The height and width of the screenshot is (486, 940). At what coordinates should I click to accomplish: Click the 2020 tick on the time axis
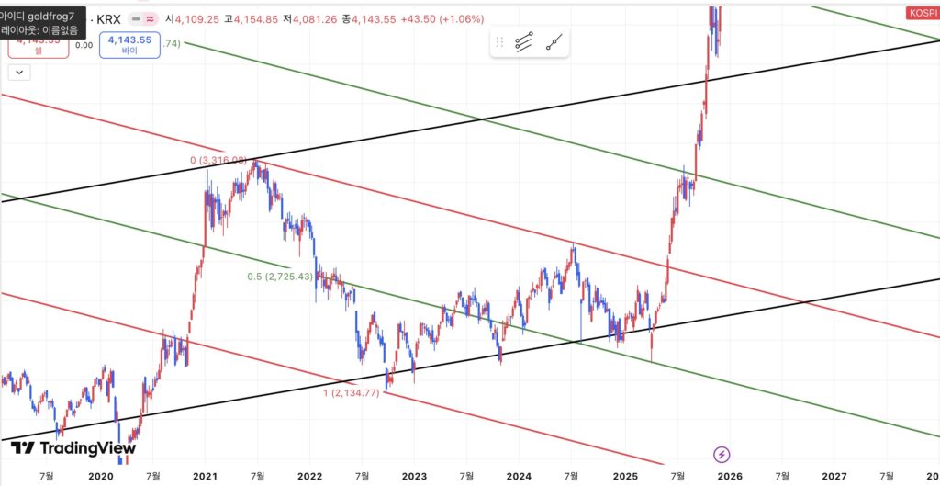[100, 476]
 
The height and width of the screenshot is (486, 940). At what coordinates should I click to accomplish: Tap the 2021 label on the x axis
[205, 476]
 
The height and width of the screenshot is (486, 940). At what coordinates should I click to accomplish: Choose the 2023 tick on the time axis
[415, 476]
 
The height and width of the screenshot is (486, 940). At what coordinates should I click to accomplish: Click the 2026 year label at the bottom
[729, 476]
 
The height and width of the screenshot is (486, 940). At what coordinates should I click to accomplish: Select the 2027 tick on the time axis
[834, 476]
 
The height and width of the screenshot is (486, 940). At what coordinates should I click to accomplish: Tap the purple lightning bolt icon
[722, 454]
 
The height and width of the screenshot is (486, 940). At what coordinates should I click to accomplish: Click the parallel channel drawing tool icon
[524, 42]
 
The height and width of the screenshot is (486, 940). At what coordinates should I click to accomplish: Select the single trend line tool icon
[554, 42]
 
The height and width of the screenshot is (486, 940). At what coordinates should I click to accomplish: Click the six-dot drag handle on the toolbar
[500, 42]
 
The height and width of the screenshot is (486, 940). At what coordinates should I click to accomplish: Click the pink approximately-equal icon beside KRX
[150, 18]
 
